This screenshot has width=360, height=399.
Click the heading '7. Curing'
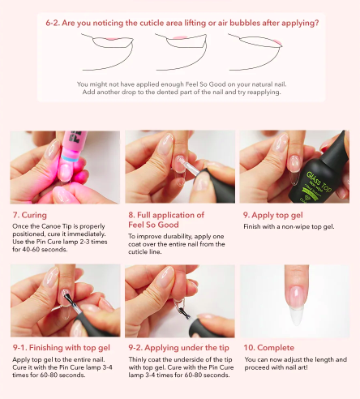[x=30, y=215]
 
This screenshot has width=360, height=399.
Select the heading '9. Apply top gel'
[x=273, y=215]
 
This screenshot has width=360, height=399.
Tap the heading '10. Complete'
[x=269, y=348]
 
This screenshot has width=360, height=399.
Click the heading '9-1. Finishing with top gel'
[x=62, y=348]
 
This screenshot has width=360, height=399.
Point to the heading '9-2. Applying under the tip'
[x=178, y=348]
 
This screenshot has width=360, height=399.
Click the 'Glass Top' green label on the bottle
[x=319, y=180]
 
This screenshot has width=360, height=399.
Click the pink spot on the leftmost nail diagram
[x=110, y=39]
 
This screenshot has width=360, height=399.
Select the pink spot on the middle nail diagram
[x=179, y=38]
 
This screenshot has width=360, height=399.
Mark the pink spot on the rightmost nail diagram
[x=277, y=42]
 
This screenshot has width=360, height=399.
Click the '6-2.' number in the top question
[x=53, y=23]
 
